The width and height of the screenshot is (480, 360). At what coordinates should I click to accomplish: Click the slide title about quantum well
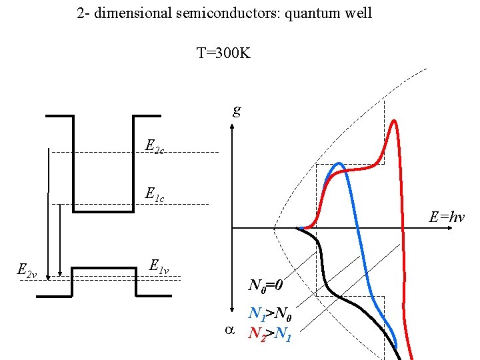click(225, 13)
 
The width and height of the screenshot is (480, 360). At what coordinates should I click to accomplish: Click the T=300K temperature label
click(223, 53)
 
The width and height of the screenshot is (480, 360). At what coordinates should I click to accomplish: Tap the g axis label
click(237, 110)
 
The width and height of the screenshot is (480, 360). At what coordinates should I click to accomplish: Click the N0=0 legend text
click(267, 286)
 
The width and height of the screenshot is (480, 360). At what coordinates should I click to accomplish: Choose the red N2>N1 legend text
click(269, 332)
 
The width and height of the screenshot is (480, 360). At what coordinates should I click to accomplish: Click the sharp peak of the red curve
click(394, 121)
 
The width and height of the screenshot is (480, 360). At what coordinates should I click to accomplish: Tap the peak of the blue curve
click(339, 163)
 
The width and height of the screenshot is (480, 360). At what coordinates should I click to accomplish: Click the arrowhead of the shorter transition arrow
click(61, 272)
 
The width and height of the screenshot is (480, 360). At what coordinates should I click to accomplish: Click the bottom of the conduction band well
click(103, 211)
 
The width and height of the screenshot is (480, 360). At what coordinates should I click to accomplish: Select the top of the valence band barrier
click(103, 268)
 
